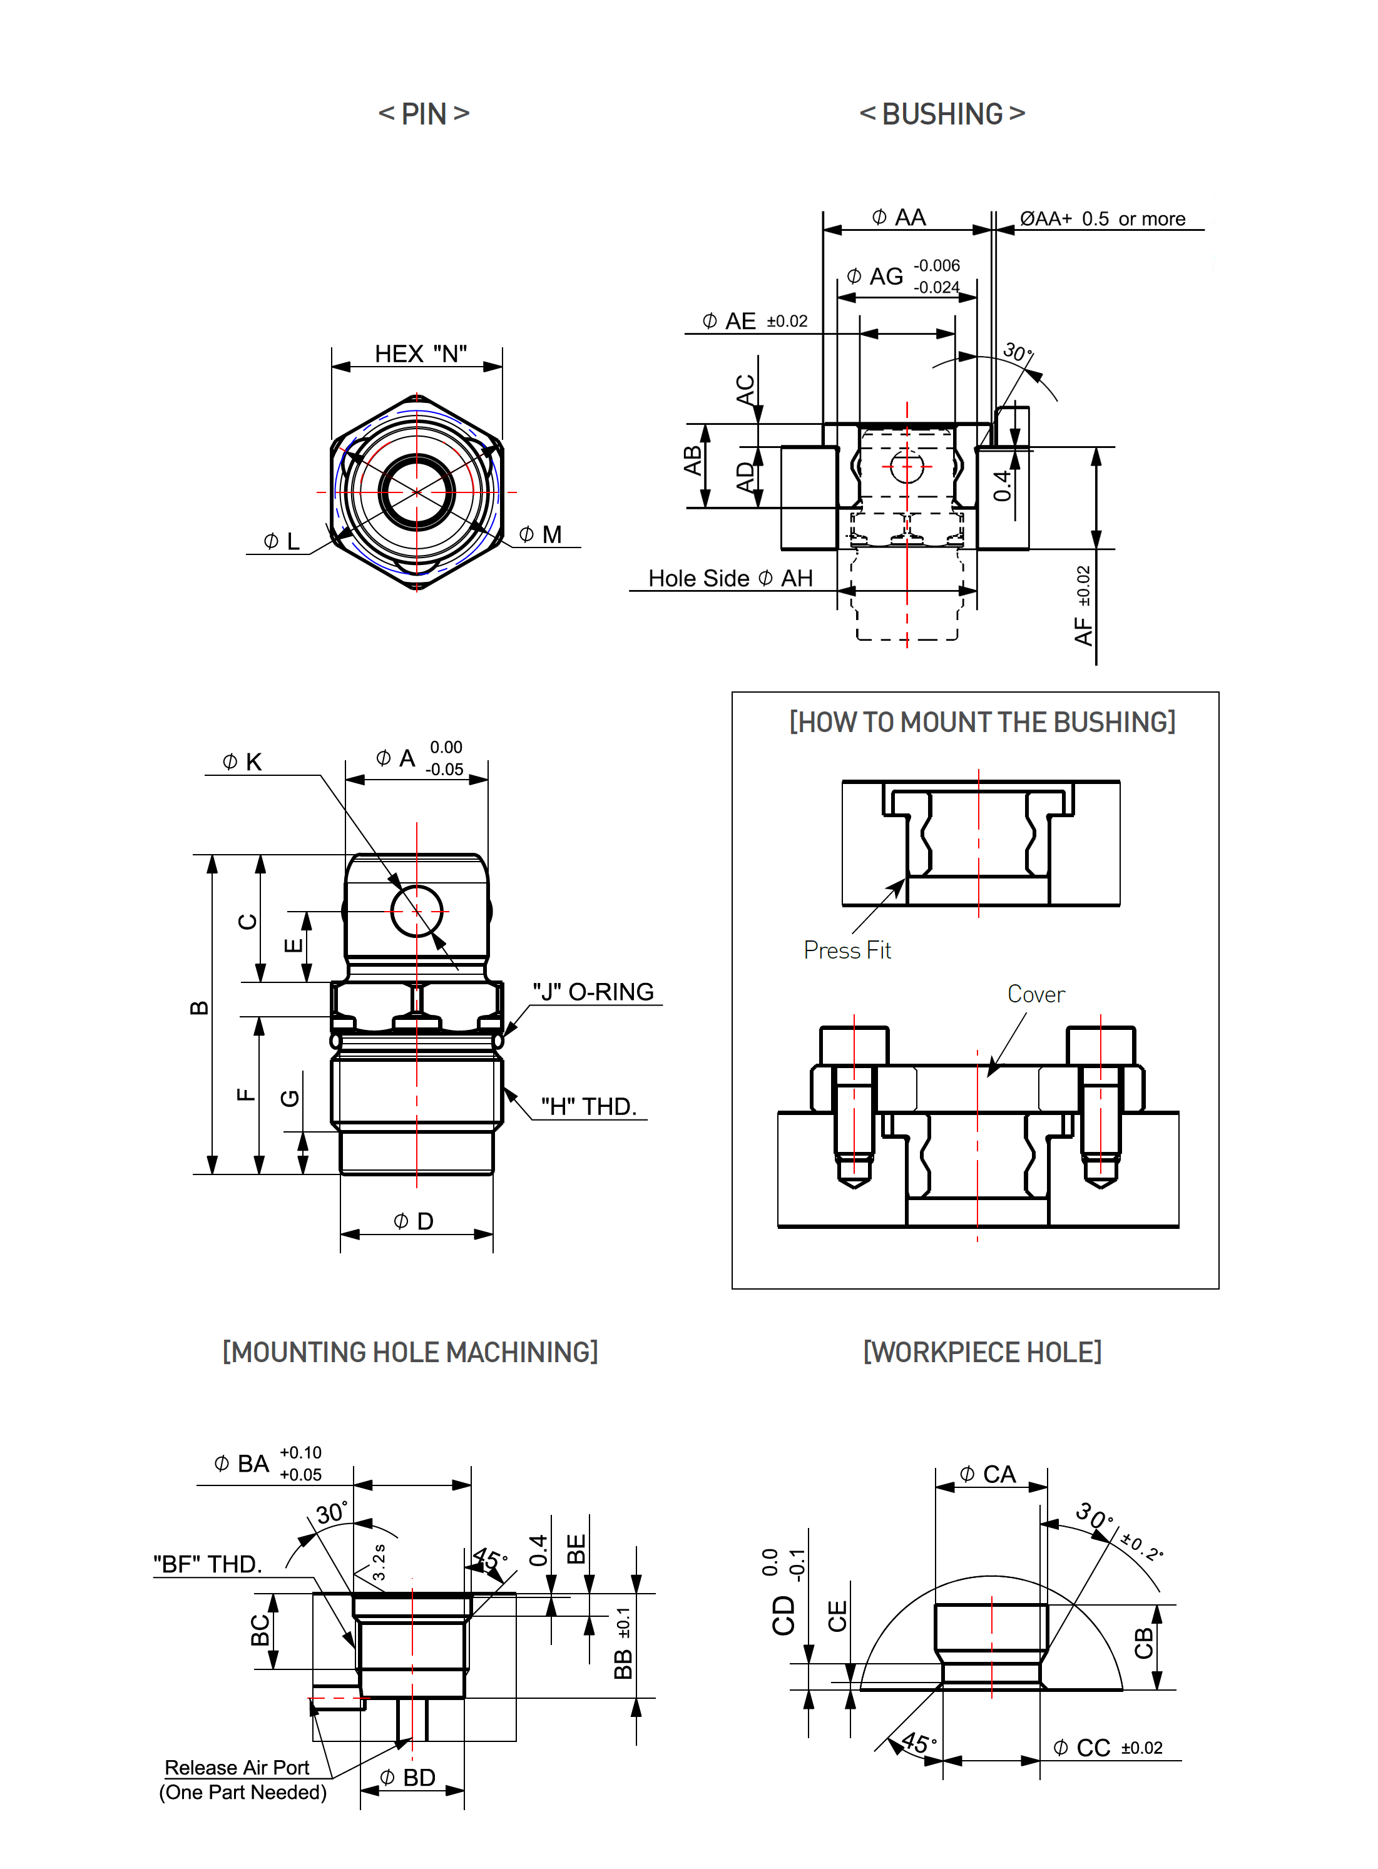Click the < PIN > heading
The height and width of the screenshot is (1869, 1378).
[x=424, y=113]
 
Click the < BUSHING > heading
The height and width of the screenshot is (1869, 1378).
[x=942, y=113]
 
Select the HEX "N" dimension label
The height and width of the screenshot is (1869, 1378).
[x=421, y=354]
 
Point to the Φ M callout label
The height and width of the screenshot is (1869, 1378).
[x=541, y=534]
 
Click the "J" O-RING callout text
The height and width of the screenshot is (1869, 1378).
[x=593, y=992]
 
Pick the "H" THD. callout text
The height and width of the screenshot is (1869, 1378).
[x=589, y=1106]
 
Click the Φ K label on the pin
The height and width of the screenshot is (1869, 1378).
[x=243, y=761]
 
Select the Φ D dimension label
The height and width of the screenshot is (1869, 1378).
[x=414, y=1222]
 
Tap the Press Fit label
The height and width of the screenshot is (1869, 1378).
[x=847, y=950]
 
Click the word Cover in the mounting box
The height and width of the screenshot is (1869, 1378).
[x=1036, y=994]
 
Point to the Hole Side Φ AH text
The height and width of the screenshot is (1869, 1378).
[x=730, y=578]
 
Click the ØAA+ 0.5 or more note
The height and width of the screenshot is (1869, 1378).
[x=1102, y=218]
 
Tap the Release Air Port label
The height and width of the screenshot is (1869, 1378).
[x=237, y=1767]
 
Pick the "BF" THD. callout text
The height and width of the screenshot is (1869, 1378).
[x=208, y=1564]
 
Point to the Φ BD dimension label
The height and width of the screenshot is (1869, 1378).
[x=408, y=1777]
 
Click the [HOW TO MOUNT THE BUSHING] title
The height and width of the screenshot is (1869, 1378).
[x=982, y=722]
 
